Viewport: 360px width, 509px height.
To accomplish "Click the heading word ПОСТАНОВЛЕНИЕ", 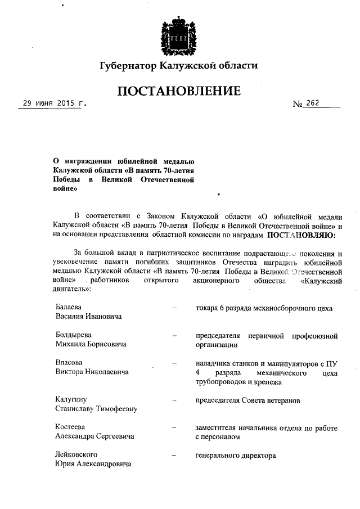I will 179,91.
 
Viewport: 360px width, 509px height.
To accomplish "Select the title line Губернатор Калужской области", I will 179,66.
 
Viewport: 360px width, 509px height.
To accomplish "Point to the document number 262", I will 313,103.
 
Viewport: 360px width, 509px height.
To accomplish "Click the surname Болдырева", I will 73,335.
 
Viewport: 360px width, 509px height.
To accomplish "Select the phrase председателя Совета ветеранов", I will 247,400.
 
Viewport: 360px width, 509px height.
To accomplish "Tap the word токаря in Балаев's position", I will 206,308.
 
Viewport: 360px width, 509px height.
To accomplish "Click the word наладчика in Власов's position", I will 213,363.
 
